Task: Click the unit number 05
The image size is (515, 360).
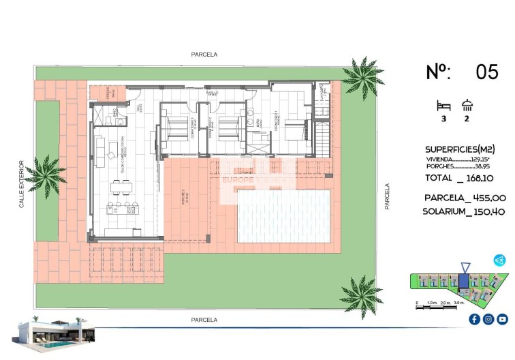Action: coord(486,72)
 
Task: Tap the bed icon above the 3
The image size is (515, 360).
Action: coord(443,106)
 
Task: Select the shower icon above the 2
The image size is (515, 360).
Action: coord(467,105)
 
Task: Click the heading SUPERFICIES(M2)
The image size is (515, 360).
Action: coord(460,149)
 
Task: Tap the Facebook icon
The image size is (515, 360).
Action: coord(474,319)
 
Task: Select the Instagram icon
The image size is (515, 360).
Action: coord(488,319)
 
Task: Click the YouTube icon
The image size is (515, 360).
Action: coord(502,319)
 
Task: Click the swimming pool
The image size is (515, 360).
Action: coord(283,215)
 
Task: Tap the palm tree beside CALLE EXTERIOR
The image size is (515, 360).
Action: coord(46,175)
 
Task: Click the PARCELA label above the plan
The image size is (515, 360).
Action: coord(204,55)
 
